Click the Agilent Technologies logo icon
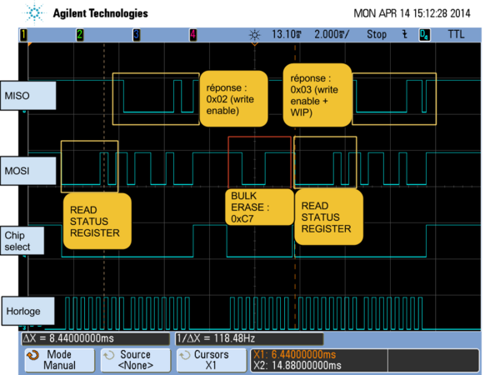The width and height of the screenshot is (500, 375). pos(35,13)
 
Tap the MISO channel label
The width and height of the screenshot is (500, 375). pos(28,96)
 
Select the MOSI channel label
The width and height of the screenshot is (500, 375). pos(28,171)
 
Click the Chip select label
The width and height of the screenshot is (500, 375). pos(28,241)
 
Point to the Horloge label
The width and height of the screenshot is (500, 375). pos(28,312)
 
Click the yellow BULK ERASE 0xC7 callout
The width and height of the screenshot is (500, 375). pos(258,207)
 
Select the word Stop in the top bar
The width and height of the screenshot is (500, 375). pos(377,34)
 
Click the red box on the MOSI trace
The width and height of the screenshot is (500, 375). pos(259,162)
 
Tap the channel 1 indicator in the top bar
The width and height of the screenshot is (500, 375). pos(23,34)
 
